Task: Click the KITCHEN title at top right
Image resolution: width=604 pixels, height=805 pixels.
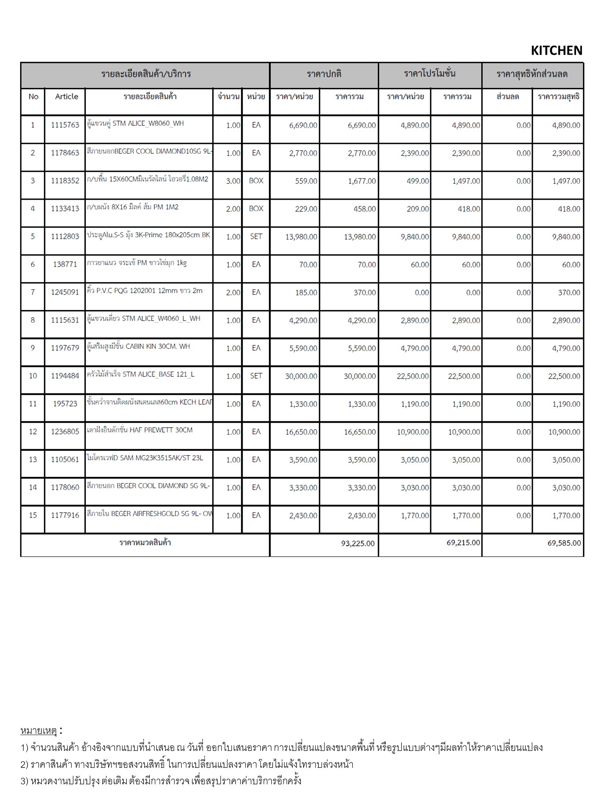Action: pyautogui.click(x=556, y=50)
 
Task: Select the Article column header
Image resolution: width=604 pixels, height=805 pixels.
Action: pyautogui.click(x=66, y=97)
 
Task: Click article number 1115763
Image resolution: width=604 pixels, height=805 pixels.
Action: pyautogui.click(x=65, y=125)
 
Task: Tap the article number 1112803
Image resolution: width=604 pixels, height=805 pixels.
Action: pyautogui.click(x=65, y=237)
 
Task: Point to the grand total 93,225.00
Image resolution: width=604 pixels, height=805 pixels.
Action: pyautogui.click(x=357, y=543)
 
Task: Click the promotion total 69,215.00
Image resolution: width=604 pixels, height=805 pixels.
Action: pyautogui.click(x=463, y=543)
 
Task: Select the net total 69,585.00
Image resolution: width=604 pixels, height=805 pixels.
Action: pyautogui.click(x=563, y=543)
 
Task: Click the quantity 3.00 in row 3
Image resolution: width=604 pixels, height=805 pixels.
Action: pyautogui.click(x=233, y=181)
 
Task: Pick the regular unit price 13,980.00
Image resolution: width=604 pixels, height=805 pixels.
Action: pyautogui.click(x=301, y=237)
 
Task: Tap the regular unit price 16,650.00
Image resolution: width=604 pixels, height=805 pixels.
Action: pyautogui.click(x=301, y=432)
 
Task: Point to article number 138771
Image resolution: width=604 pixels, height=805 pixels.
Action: pyautogui.click(x=65, y=265)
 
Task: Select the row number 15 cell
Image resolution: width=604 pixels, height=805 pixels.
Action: pyautogui.click(x=33, y=515)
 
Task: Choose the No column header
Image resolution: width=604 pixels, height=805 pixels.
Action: pyautogui.click(x=33, y=97)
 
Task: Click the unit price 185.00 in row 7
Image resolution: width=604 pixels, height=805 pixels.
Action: pyautogui.click(x=306, y=293)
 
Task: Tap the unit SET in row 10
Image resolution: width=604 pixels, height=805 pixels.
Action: pyautogui.click(x=256, y=376)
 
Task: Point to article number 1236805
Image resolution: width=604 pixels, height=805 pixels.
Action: pyautogui.click(x=65, y=432)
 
